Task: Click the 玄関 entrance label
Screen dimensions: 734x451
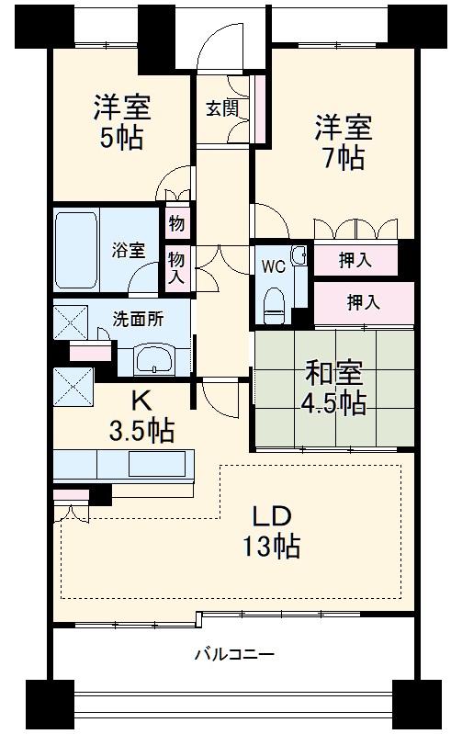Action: click(221, 107)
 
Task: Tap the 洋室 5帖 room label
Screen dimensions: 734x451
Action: click(121, 121)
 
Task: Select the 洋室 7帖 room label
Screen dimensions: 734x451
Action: click(343, 141)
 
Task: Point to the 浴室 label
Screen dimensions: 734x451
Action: click(128, 248)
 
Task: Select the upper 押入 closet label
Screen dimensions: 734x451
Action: click(355, 261)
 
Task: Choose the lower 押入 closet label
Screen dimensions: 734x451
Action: click(364, 300)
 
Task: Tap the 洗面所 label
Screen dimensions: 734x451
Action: click(138, 321)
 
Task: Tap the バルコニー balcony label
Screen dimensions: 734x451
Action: click(233, 655)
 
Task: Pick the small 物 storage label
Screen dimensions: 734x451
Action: click(176, 223)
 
